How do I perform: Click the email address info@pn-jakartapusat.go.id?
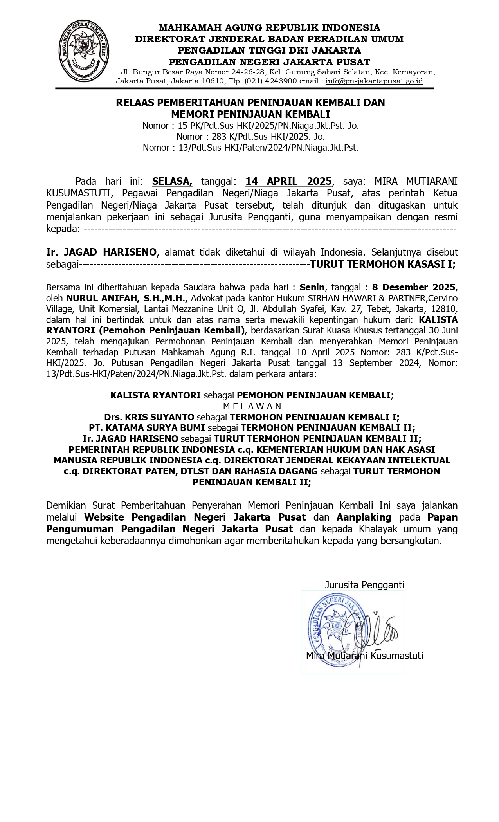[x=374, y=81]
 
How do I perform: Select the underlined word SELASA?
[x=172, y=181]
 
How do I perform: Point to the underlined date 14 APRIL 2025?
[x=288, y=181]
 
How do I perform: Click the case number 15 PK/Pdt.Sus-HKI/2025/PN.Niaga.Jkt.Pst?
[x=268, y=126]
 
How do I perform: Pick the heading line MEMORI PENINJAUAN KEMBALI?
[x=250, y=114]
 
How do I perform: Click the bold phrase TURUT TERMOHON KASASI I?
[x=382, y=264]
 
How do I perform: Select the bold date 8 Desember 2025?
[x=414, y=287]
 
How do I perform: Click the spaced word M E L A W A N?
[x=252, y=406]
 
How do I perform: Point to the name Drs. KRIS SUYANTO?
[x=149, y=417]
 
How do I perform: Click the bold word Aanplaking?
[x=364, y=517]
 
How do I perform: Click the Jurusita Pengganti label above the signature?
[x=364, y=585]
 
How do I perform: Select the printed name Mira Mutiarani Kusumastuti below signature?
[x=364, y=656]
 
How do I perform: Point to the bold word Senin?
[x=312, y=287]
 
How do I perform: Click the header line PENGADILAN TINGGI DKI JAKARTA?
[x=269, y=50]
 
